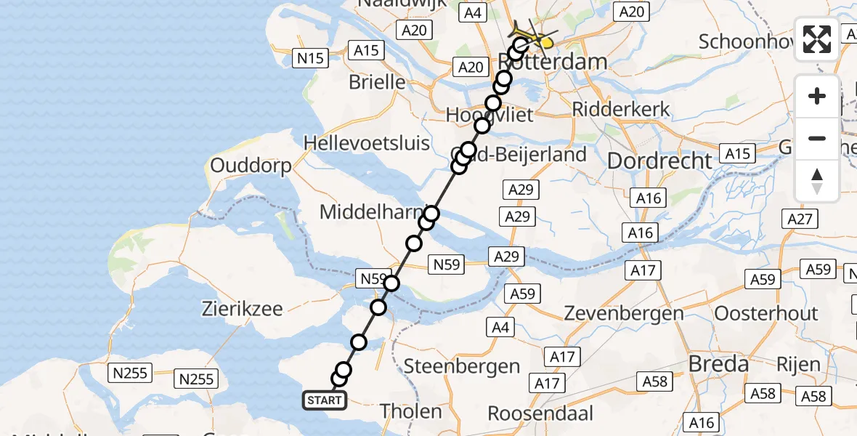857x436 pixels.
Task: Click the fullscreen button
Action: pos(817,39)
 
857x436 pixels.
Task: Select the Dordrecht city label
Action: pos(659,161)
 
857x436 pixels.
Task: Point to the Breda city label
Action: pos(719,364)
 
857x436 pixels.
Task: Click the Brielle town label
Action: pos(377,81)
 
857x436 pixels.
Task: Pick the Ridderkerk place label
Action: pos(621,109)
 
